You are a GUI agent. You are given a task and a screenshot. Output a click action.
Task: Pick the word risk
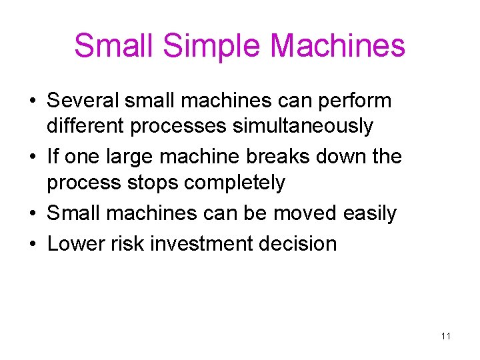pos(128,243)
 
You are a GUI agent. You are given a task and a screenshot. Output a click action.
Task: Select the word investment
pos(203,243)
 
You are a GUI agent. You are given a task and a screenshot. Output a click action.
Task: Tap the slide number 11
pos(446,336)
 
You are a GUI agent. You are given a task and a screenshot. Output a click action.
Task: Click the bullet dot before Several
pos(32,102)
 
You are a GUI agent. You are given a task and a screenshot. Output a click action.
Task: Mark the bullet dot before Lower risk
pos(32,245)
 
